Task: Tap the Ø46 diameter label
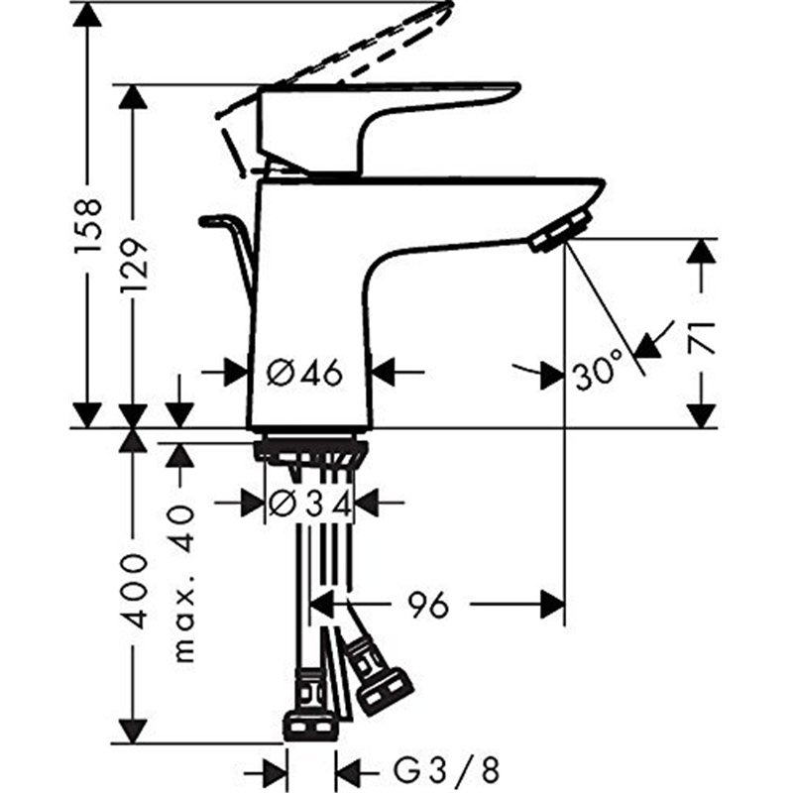305,373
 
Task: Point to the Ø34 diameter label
310,505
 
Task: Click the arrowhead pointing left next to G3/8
347,768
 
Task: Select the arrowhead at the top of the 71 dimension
702,251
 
